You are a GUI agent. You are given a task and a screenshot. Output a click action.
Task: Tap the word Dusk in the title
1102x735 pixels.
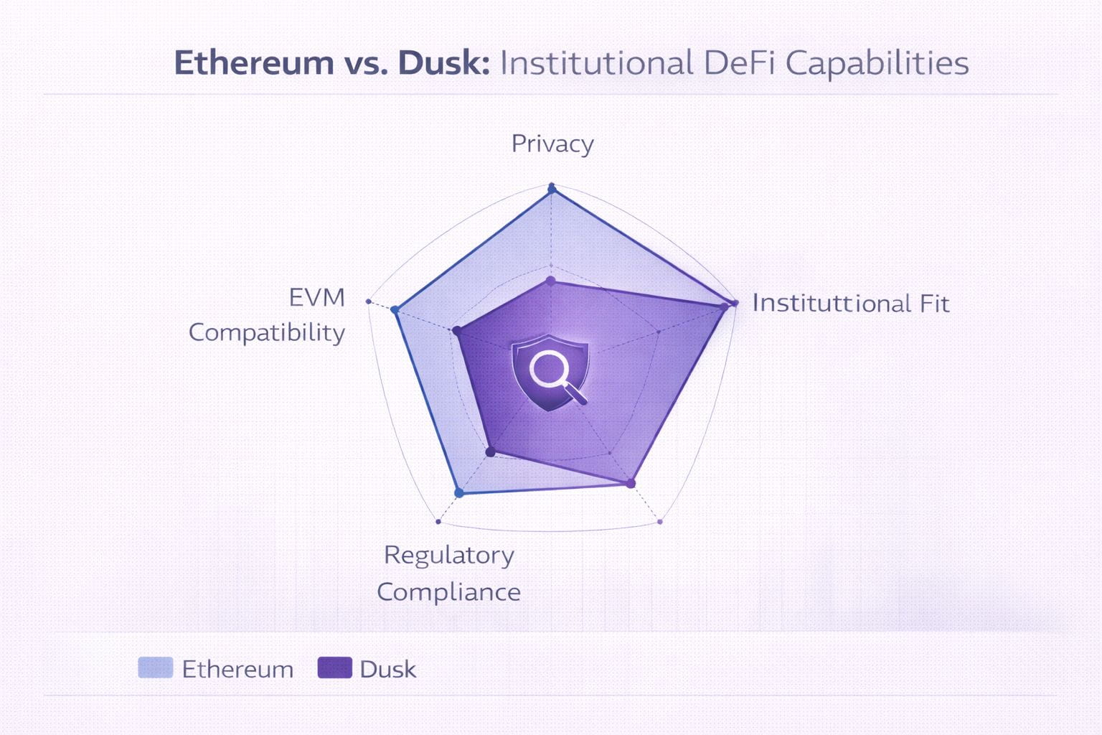point(443,63)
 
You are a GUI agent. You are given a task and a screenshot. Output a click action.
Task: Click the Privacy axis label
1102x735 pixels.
point(552,144)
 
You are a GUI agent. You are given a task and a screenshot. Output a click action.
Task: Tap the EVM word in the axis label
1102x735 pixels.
point(317,297)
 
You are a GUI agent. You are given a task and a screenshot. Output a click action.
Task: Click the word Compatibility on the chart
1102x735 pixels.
point(267,333)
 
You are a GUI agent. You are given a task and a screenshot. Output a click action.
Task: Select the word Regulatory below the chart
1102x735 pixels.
point(449,556)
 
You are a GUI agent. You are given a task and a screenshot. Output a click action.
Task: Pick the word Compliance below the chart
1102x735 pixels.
point(449,592)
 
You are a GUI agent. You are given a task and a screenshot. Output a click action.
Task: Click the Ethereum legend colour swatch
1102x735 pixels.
point(156,668)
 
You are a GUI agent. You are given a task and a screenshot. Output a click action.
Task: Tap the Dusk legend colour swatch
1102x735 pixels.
point(335,668)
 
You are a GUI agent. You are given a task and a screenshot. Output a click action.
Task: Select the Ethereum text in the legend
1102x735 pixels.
point(237,669)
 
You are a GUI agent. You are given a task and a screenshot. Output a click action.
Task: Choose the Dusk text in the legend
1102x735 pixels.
point(388,669)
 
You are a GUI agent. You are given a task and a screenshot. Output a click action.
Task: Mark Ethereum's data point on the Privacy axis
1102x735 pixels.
point(552,189)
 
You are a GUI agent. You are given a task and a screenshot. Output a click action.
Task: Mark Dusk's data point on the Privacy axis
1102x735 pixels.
point(551,281)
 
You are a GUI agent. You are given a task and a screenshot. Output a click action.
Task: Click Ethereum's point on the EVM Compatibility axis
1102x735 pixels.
point(395,309)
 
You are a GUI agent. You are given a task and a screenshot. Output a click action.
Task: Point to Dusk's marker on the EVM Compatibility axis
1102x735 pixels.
point(456,331)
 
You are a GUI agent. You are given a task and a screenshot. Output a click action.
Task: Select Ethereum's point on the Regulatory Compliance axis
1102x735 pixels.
point(459,492)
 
